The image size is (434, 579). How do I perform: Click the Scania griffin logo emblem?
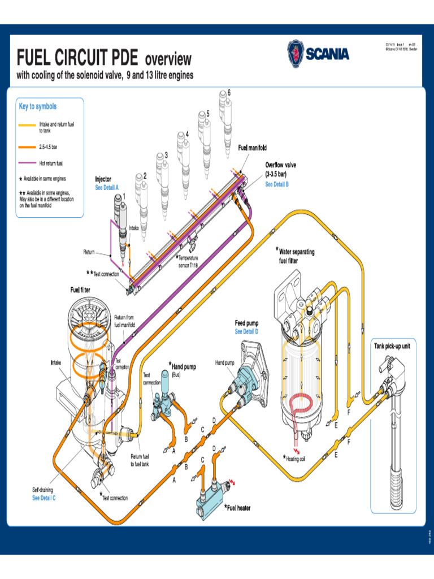pyautogui.click(x=295, y=54)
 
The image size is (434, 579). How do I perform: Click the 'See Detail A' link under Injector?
pyautogui.click(x=107, y=187)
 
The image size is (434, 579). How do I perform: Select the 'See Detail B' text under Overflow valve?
pyautogui.click(x=277, y=184)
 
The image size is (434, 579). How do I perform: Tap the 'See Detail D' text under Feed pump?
pyautogui.click(x=246, y=331)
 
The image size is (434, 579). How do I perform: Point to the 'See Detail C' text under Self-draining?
pyautogui.click(x=44, y=498)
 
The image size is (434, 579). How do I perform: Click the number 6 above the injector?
pyautogui.click(x=229, y=92)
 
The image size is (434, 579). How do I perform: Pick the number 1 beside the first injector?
pyautogui.click(x=124, y=196)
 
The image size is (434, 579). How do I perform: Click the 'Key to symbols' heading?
pyautogui.click(x=38, y=106)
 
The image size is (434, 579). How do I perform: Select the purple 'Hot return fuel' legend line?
pyautogui.click(x=27, y=163)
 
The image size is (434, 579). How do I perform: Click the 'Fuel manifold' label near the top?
pyautogui.click(x=252, y=148)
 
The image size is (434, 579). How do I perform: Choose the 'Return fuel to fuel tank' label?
pyautogui.click(x=140, y=460)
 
